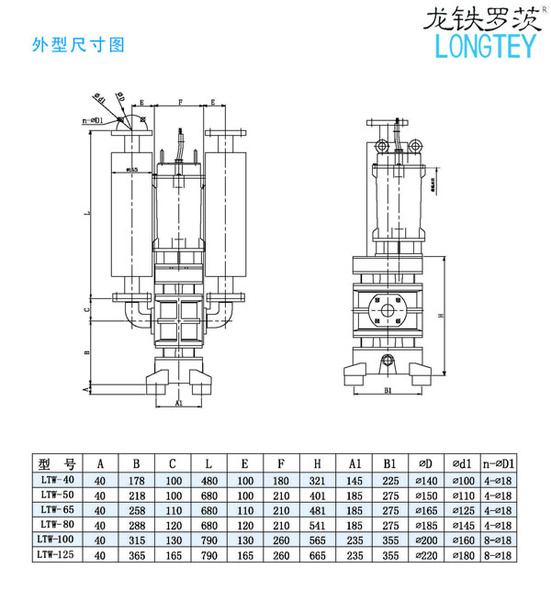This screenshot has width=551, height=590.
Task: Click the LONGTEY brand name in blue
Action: [481, 44]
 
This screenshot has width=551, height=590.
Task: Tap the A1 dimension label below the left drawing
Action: [179, 402]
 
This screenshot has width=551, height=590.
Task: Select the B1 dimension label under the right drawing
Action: [389, 391]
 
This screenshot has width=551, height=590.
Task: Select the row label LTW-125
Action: [55, 553]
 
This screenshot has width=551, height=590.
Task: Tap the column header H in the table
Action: [317, 463]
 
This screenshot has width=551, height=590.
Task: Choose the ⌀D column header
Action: [427, 463]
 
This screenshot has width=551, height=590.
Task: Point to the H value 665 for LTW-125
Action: [317, 553]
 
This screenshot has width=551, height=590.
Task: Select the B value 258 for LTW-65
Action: [137, 509]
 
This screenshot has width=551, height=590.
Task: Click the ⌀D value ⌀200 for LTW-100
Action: [427, 539]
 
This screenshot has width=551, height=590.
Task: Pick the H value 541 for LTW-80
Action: [317, 524]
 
